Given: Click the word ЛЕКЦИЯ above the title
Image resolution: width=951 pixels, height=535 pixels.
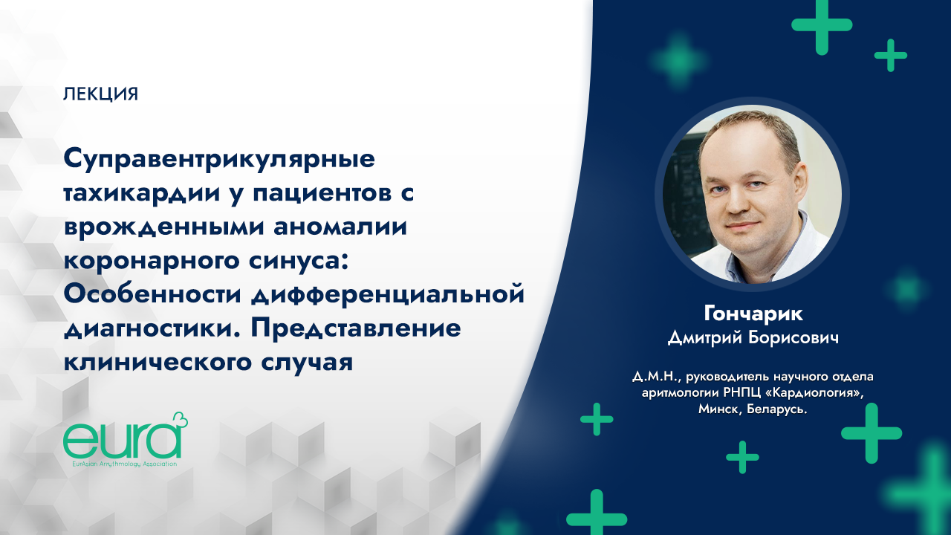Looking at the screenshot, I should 101,94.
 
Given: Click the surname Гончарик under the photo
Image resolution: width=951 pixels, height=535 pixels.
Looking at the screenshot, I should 752,314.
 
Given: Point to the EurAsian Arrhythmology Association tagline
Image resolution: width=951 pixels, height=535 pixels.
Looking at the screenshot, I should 120,463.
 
